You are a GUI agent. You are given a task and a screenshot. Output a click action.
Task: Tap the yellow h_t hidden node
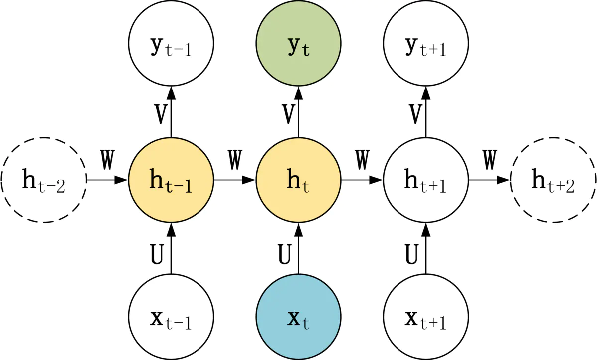tap(298, 180)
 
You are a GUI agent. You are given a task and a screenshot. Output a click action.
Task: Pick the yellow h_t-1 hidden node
tap(171, 180)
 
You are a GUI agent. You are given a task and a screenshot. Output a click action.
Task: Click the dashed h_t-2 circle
tap(44, 180)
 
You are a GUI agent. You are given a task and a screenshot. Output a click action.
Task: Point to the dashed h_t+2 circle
tap(553, 180)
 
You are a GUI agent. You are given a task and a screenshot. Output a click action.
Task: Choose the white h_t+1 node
tap(426, 180)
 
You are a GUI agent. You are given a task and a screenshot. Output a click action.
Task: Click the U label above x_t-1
tap(157, 254)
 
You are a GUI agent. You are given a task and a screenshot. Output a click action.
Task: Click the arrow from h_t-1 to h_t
tap(235, 180)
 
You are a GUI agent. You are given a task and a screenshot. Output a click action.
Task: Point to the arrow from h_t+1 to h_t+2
tap(490, 180)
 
